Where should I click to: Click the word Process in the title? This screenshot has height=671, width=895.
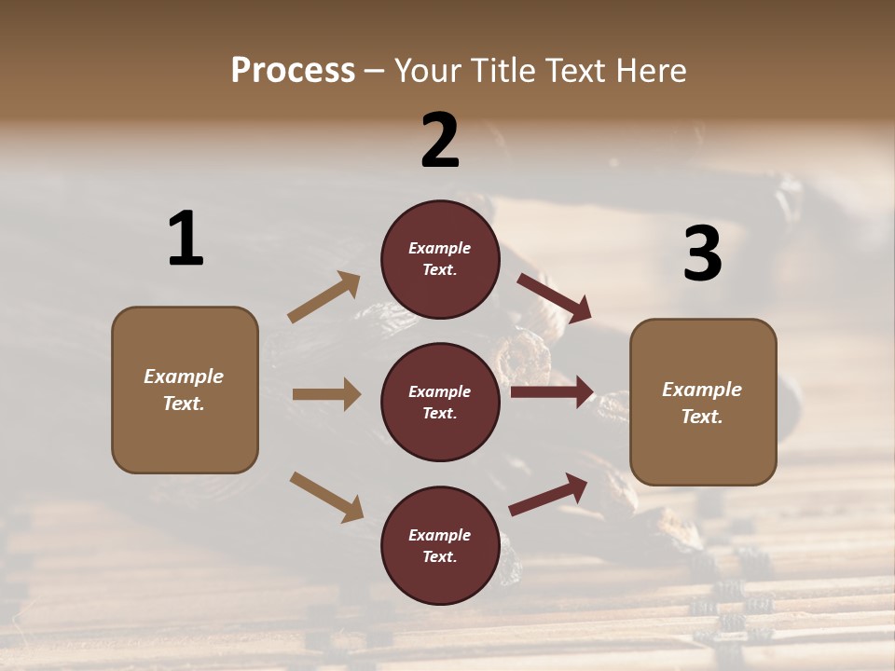(x=293, y=70)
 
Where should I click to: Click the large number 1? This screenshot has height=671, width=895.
(x=186, y=240)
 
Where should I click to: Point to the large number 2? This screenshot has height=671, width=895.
(x=440, y=141)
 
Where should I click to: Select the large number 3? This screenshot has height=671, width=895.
(x=702, y=253)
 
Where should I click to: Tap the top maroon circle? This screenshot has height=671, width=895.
(x=440, y=259)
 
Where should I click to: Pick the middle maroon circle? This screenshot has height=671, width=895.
(x=440, y=403)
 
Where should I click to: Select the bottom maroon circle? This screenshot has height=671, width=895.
(x=440, y=546)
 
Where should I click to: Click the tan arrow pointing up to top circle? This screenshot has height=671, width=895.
(x=324, y=297)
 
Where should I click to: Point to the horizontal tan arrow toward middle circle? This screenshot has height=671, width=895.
(x=326, y=394)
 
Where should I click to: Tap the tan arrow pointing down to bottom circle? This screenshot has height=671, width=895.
(x=326, y=496)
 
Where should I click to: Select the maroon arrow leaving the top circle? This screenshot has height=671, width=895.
(x=555, y=298)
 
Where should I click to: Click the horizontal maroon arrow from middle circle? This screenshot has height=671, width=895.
(x=552, y=392)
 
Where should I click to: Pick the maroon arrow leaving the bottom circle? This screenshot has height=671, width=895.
(x=548, y=494)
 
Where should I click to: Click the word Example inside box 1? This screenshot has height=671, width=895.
(x=184, y=377)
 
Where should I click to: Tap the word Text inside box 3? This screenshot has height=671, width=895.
(x=702, y=417)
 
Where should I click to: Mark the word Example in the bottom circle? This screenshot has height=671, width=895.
(x=440, y=535)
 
